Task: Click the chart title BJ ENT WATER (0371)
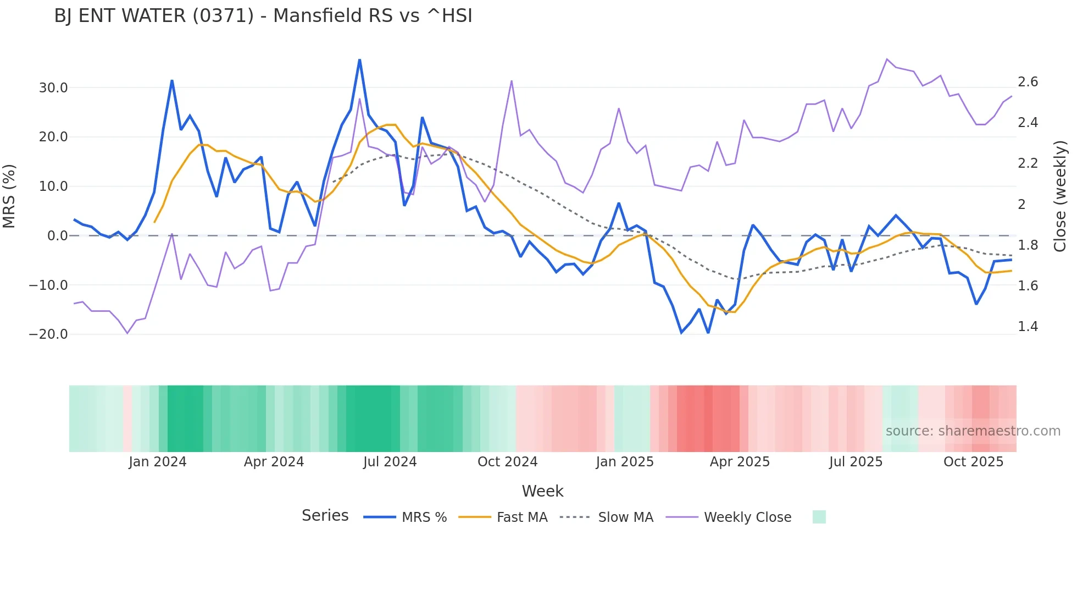coord(263,16)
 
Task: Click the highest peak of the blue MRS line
coord(359,60)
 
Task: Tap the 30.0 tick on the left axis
coord(53,88)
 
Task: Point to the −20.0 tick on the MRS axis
coord(48,334)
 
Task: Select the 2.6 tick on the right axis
coord(1028,82)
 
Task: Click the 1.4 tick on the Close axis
coord(1028,327)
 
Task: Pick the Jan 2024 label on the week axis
coord(158,462)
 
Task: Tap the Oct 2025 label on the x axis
coord(973,462)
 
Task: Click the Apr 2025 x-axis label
coord(740,462)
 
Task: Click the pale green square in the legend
coord(819,517)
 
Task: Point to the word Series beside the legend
coord(325,516)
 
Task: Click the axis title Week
coord(542,491)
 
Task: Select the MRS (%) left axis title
coord(9,196)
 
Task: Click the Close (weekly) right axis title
coord(1060,196)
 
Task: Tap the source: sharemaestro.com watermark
coord(973,431)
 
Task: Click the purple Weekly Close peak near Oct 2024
coord(512,81)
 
